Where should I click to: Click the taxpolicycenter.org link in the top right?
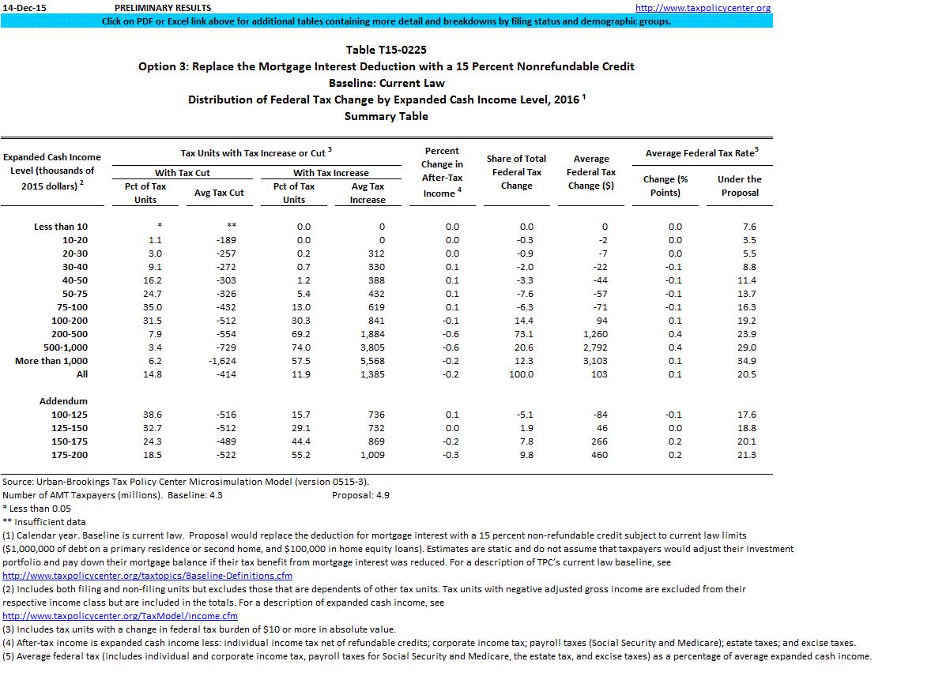(703, 8)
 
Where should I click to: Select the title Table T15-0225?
(386, 50)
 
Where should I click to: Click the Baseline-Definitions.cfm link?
(148, 576)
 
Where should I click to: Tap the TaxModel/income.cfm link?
(120, 615)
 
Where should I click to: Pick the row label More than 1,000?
(51, 361)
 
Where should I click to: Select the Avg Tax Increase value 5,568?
(367, 361)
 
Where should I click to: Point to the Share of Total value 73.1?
(525, 334)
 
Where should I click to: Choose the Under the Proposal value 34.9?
(745, 361)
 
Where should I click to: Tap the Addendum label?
(63, 401)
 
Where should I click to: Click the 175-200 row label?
(70, 455)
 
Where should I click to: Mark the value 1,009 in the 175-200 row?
(367, 455)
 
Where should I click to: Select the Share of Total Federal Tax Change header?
(516, 172)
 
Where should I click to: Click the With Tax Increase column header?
(330, 173)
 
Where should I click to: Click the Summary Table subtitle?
(386, 116)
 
